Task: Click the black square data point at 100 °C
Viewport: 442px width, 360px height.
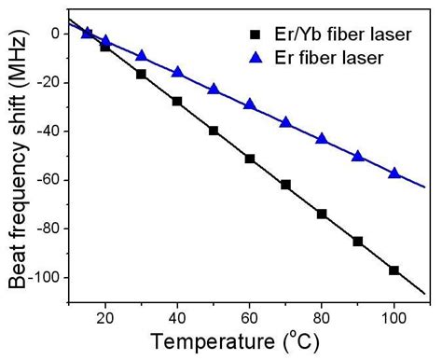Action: (394, 270)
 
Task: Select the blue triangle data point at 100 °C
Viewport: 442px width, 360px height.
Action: (394, 173)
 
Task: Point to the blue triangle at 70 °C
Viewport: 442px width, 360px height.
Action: (285, 122)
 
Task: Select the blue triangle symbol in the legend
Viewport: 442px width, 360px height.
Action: (255, 59)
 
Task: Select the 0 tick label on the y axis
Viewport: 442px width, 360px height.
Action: (54, 34)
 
